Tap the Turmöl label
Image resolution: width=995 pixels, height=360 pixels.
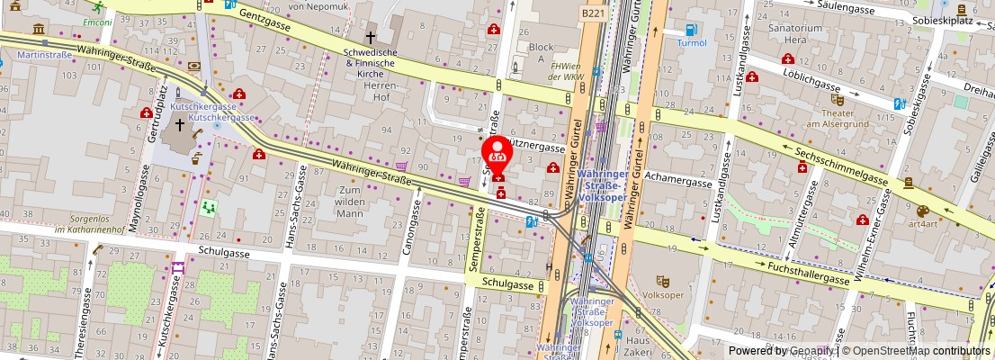point(692,42)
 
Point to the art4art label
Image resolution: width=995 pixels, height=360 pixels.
point(922,223)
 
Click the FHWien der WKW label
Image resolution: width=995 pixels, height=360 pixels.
point(567,71)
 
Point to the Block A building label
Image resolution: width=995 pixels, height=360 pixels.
point(541,52)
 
